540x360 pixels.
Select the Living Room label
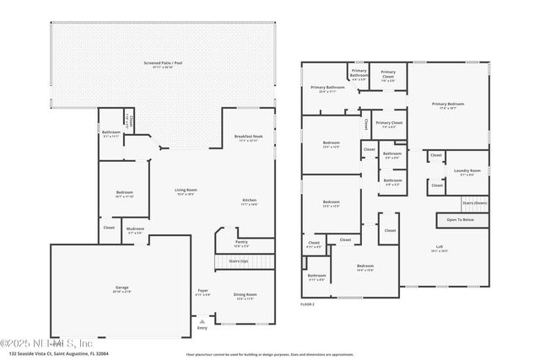click(x=186, y=191)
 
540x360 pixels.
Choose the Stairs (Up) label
click(x=239, y=261)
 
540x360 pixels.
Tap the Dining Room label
click(x=246, y=296)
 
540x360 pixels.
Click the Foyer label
click(x=202, y=293)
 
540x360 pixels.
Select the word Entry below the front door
click(x=202, y=327)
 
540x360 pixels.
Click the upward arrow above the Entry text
click(x=202, y=320)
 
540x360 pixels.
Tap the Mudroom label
click(x=136, y=231)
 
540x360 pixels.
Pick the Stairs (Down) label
click(x=474, y=203)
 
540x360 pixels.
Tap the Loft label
click(x=439, y=249)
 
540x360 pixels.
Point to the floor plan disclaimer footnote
click(x=270, y=354)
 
